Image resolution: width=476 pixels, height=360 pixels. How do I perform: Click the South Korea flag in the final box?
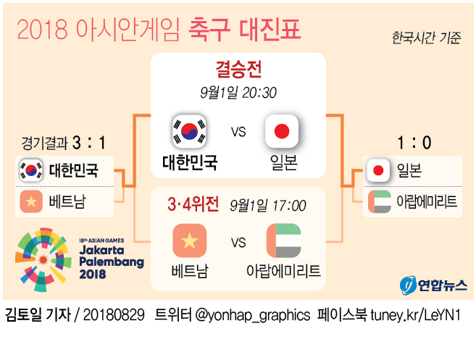pyautogui.click(x=190, y=131)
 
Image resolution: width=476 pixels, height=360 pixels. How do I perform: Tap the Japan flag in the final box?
pyautogui.click(x=283, y=131)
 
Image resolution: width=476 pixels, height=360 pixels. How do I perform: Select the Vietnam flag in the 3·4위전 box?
pyautogui.click(x=190, y=241)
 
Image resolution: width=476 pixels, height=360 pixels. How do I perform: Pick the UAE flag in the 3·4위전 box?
pyautogui.click(x=283, y=241)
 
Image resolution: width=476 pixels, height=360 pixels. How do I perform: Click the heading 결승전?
pyautogui.click(x=238, y=70)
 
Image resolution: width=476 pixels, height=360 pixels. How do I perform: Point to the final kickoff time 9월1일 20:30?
pyautogui.click(x=238, y=93)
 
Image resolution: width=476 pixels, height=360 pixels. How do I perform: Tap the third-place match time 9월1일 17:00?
pyautogui.click(x=267, y=206)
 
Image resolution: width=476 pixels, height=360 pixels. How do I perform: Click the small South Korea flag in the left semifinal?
pyautogui.click(x=31, y=171)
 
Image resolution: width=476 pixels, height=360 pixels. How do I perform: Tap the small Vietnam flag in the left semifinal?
pyautogui.click(x=31, y=200)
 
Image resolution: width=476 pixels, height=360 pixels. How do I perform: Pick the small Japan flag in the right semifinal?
pyautogui.click(x=377, y=171)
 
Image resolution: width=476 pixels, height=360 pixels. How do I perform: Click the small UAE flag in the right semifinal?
pyautogui.click(x=377, y=201)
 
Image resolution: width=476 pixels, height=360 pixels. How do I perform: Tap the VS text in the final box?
pyautogui.click(x=238, y=132)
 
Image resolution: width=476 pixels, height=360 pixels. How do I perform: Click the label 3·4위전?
pyautogui.click(x=193, y=205)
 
